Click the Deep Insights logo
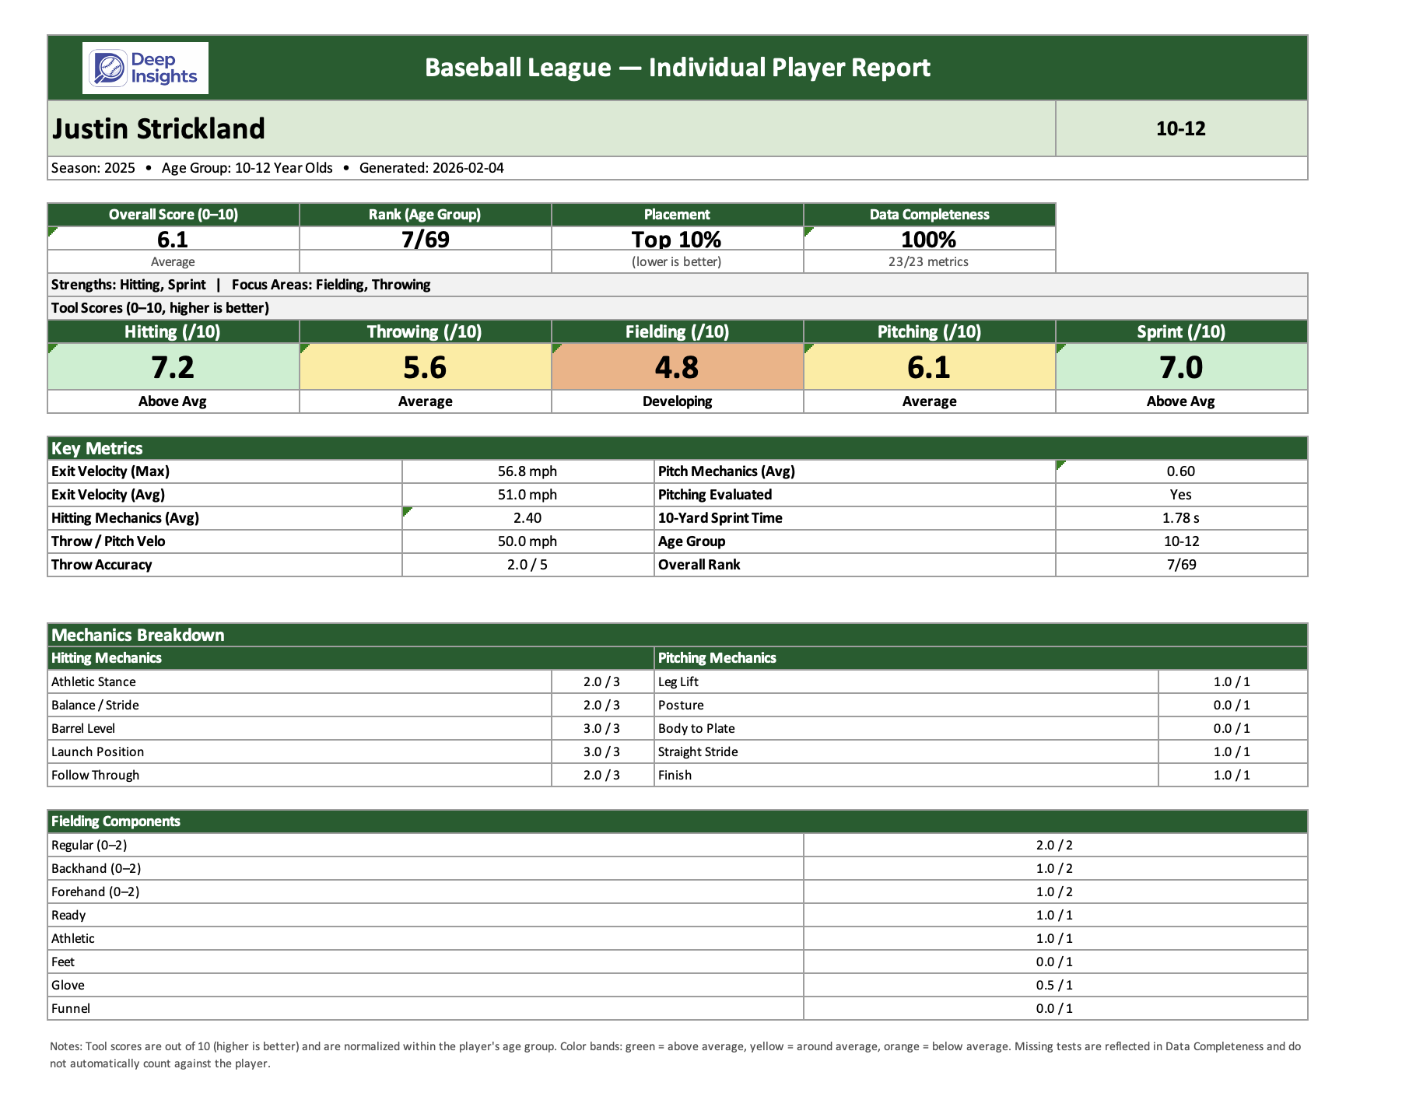point(145,68)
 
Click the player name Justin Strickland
point(159,129)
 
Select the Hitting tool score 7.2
point(173,367)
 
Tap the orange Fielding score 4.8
point(677,367)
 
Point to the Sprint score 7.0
point(1180,367)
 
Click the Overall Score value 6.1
point(173,239)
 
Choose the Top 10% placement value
point(676,239)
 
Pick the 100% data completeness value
point(928,239)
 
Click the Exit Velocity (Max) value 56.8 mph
point(527,471)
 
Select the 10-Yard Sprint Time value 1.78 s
point(1180,518)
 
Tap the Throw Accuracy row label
point(102,565)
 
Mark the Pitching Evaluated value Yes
point(1180,495)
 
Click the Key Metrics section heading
point(97,448)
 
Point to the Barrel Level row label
point(83,728)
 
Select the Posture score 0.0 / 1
point(1232,705)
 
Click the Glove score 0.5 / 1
point(1054,985)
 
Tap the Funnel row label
point(71,1008)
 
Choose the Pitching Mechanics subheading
point(717,658)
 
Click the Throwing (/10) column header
point(425,332)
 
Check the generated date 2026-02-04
point(468,168)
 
